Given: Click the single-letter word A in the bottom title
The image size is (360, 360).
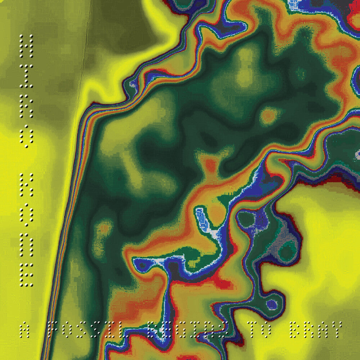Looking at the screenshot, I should [x=24, y=330].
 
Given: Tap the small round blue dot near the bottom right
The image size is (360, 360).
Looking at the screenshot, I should [x=272, y=305].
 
